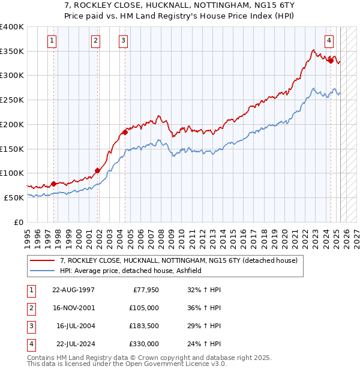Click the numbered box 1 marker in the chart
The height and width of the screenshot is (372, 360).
53,41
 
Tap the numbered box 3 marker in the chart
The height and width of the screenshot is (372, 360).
123,41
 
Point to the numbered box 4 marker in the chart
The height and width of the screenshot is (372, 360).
329,41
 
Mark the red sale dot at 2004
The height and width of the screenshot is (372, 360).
125,132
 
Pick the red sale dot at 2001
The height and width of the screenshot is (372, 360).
97,170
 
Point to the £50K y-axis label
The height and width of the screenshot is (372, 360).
14,197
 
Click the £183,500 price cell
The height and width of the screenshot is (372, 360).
143,326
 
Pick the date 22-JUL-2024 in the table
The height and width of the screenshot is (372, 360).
74,344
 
